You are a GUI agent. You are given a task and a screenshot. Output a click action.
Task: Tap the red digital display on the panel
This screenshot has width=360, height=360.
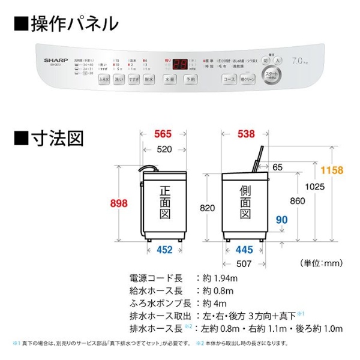pyautogui.click(x=179, y=62)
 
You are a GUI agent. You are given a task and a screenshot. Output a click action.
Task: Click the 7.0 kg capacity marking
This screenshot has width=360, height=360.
pyautogui.click(x=300, y=62)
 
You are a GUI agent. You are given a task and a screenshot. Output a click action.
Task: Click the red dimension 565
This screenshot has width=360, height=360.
pyautogui.click(x=162, y=134)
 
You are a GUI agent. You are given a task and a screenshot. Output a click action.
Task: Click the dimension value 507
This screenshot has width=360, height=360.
pyautogui.click(x=243, y=262)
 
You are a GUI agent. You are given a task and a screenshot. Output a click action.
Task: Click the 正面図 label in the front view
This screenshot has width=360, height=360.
pyautogui.click(x=166, y=205)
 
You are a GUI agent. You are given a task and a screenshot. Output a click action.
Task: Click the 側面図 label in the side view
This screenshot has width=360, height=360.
pyautogui.click(x=245, y=205)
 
